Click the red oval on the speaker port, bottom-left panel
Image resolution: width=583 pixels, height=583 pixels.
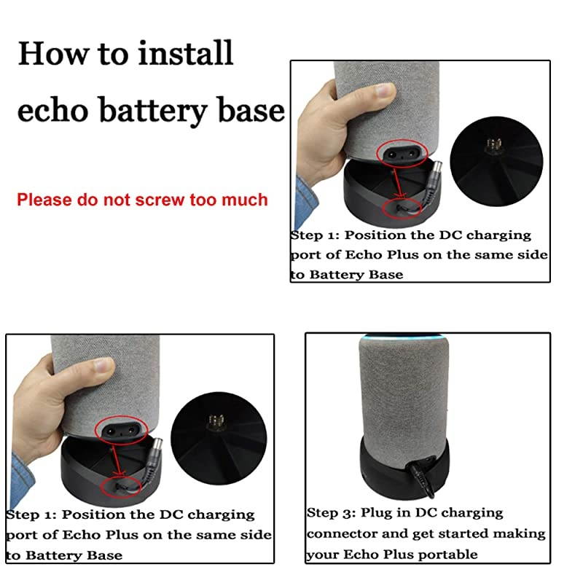pos(118,430)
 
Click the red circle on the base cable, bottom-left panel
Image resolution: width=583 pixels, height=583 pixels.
pos(119,485)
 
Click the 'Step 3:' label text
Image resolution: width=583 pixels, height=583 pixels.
pos(332,513)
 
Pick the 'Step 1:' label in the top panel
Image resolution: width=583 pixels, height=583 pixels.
pos(315,235)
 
